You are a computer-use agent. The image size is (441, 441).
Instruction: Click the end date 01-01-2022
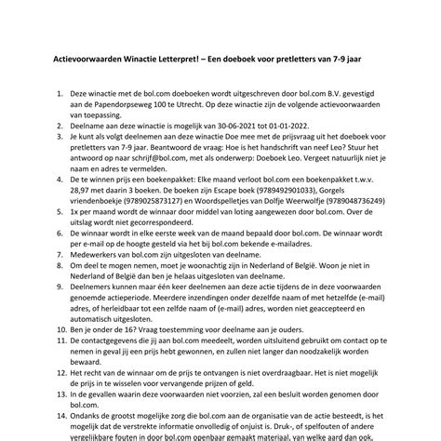point(303,134)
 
